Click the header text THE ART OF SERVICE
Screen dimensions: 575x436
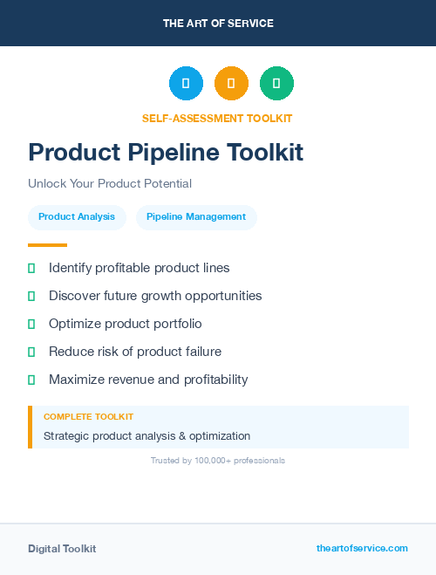pos(218,24)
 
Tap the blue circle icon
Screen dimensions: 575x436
pos(186,84)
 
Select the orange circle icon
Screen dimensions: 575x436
pos(231,84)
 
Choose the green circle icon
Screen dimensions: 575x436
pos(276,84)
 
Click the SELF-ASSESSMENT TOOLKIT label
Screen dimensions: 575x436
pos(217,118)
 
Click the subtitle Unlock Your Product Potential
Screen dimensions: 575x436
pos(110,184)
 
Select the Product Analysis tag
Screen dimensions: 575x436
pos(77,217)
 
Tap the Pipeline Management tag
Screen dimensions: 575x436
pos(196,217)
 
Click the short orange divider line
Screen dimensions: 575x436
pos(47,245)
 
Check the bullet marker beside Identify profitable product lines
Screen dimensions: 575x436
pos(31,268)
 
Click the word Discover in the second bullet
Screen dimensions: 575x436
pos(75,296)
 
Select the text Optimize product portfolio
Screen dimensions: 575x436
pos(126,324)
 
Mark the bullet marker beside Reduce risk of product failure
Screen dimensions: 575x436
pos(31,352)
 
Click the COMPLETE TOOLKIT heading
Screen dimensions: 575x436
pos(88,417)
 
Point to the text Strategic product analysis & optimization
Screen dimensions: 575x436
pos(146,436)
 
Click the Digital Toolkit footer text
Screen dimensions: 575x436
pos(62,549)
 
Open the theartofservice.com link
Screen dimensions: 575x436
pos(362,548)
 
